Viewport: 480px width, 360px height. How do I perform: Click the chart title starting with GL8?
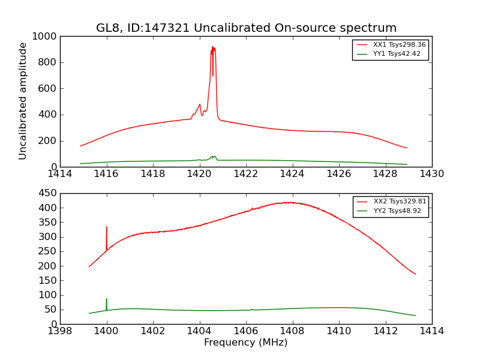pyautogui.click(x=246, y=28)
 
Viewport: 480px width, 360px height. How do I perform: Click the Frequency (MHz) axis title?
pyautogui.click(x=246, y=343)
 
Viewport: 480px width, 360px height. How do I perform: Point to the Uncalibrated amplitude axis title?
pyautogui.click(x=23, y=101)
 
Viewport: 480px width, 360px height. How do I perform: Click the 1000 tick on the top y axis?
pyautogui.click(x=46, y=37)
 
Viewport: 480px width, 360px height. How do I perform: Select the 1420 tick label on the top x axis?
pyautogui.click(x=199, y=174)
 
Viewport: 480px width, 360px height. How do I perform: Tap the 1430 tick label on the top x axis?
pyautogui.click(x=431, y=174)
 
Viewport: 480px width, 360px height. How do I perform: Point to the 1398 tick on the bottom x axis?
pyautogui.click(x=61, y=331)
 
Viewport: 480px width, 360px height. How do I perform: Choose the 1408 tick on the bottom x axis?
pyautogui.click(x=292, y=331)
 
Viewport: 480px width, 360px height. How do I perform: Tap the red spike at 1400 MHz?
pyautogui.click(x=107, y=228)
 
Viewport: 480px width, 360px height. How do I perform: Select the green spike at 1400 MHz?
pyautogui.click(x=107, y=299)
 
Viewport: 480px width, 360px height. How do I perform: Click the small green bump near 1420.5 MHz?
pyautogui.click(x=213, y=157)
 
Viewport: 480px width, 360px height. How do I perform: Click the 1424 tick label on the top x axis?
pyautogui.click(x=292, y=174)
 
